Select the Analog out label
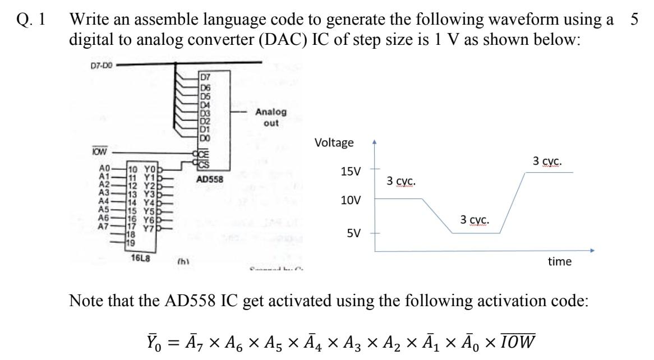point(270,117)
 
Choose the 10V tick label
point(352,200)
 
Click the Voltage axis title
point(334,142)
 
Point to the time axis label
point(559,261)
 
